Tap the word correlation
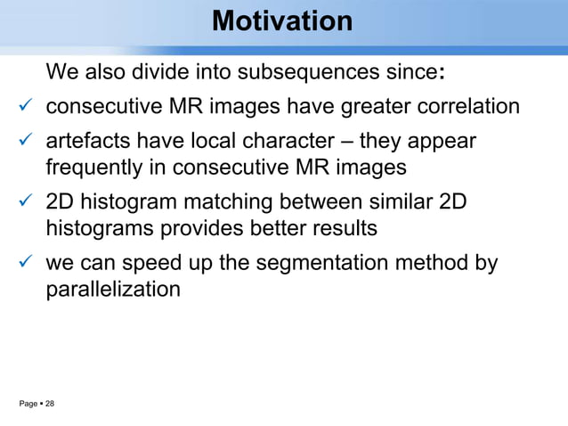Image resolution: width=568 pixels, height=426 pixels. coord(467,107)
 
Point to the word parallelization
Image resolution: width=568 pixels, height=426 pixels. coord(113,289)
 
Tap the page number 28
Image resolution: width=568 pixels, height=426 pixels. coord(50,405)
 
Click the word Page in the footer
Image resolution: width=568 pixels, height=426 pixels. coord(28,405)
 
